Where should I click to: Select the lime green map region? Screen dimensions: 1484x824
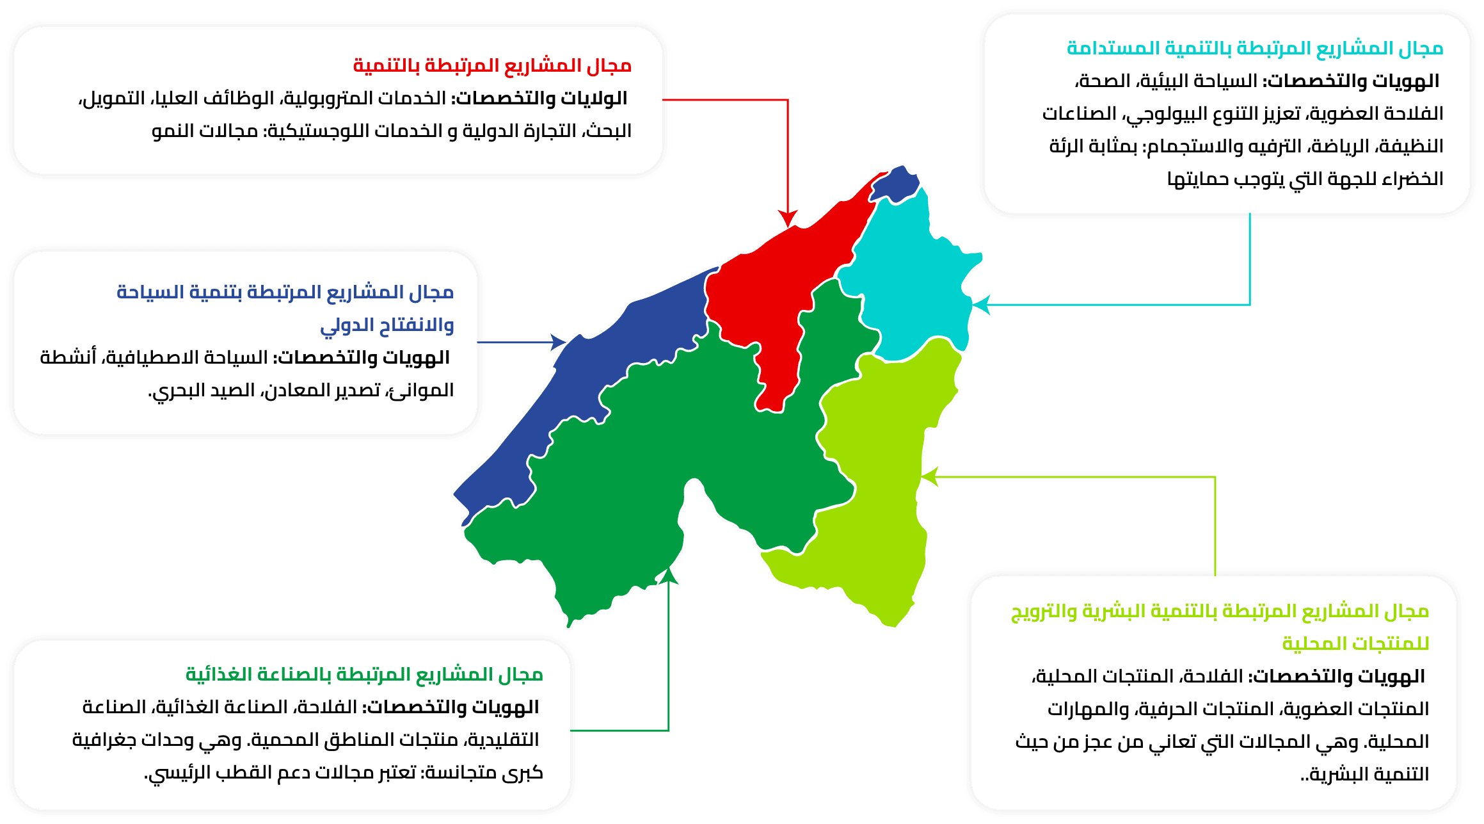(877, 487)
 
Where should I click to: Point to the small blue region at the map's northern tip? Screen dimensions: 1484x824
(895, 183)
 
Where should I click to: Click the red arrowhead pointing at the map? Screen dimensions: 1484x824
(788, 218)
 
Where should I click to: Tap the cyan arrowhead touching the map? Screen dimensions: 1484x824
(981, 305)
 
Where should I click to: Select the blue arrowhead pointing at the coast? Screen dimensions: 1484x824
(558, 342)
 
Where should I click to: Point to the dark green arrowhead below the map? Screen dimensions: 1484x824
(669, 576)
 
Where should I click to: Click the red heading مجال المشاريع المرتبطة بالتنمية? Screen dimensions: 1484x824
(492, 66)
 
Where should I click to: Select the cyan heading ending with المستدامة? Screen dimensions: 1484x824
(1255, 49)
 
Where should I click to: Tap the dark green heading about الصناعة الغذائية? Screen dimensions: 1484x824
(364, 675)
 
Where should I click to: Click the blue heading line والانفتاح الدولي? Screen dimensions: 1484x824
(387, 325)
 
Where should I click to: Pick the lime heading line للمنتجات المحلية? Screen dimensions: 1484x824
(1355, 643)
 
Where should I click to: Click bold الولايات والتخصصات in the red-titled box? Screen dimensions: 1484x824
(541, 99)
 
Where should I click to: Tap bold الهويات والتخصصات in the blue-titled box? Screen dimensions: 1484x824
(362, 358)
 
